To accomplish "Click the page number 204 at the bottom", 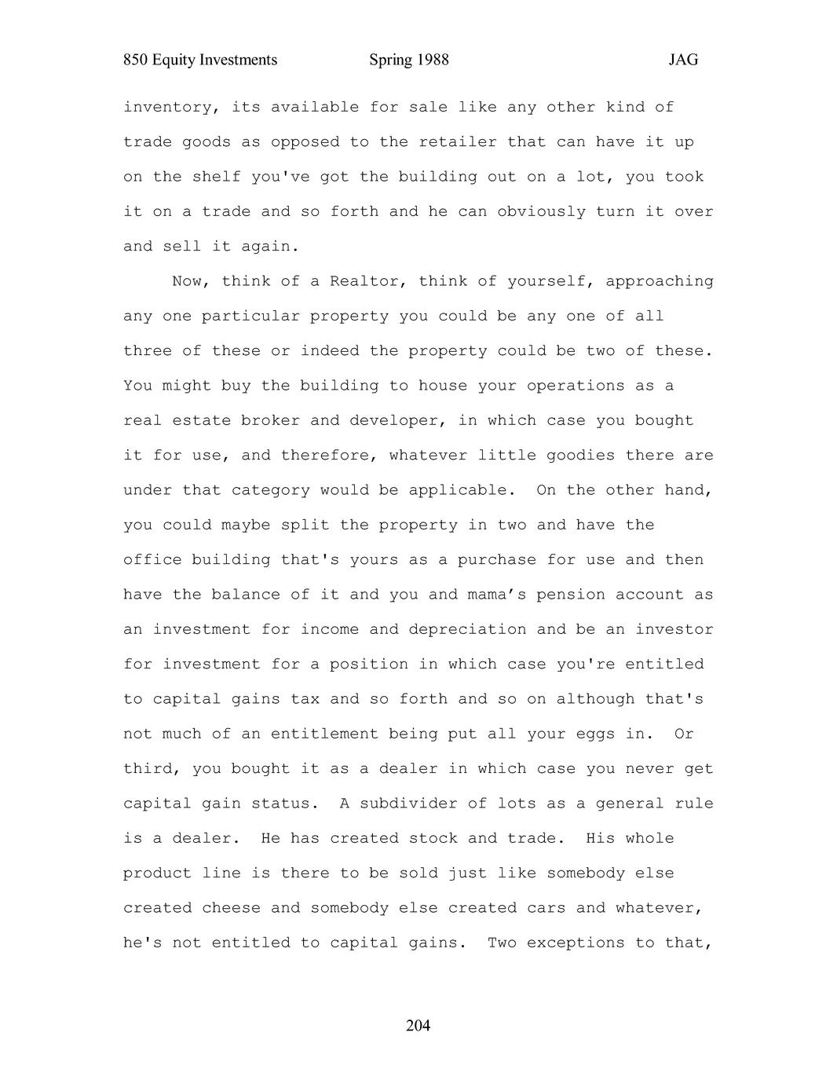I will (x=418, y=1025).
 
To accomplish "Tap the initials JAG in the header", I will (x=683, y=60).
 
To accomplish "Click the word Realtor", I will (x=364, y=281).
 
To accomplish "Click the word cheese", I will (x=231, y=908).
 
